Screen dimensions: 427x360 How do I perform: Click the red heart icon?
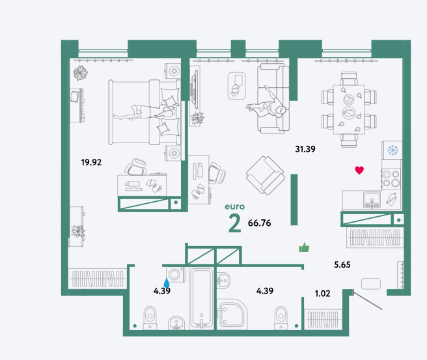point(359,170)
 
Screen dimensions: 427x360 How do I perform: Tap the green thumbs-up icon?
point(304,247)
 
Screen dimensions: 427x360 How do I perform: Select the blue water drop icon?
point(167,283)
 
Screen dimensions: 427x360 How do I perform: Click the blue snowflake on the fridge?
point(393,150)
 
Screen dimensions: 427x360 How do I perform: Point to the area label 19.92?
point(91,163)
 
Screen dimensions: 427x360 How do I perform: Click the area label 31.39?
point(305,149)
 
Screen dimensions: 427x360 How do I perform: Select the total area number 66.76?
point(259,223)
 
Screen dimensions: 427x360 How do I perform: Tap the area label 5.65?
point(342,265)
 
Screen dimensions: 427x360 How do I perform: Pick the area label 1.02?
point(322,294)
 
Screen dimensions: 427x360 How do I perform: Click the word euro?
point(235,206)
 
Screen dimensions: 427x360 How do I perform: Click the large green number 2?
point(235,223)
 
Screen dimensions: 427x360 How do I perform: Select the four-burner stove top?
point(391,178)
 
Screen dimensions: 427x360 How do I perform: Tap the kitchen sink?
point(372,200)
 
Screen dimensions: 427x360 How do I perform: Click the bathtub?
point(201,298)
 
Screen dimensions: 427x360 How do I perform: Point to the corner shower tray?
point(232,314)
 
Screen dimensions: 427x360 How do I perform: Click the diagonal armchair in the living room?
point(265,175)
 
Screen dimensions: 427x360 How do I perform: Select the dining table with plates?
point(349,109)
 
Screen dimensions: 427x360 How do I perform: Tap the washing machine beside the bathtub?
point(175,274)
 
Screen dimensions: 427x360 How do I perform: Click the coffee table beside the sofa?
point(237,86)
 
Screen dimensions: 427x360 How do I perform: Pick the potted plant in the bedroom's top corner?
point(81,73)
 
